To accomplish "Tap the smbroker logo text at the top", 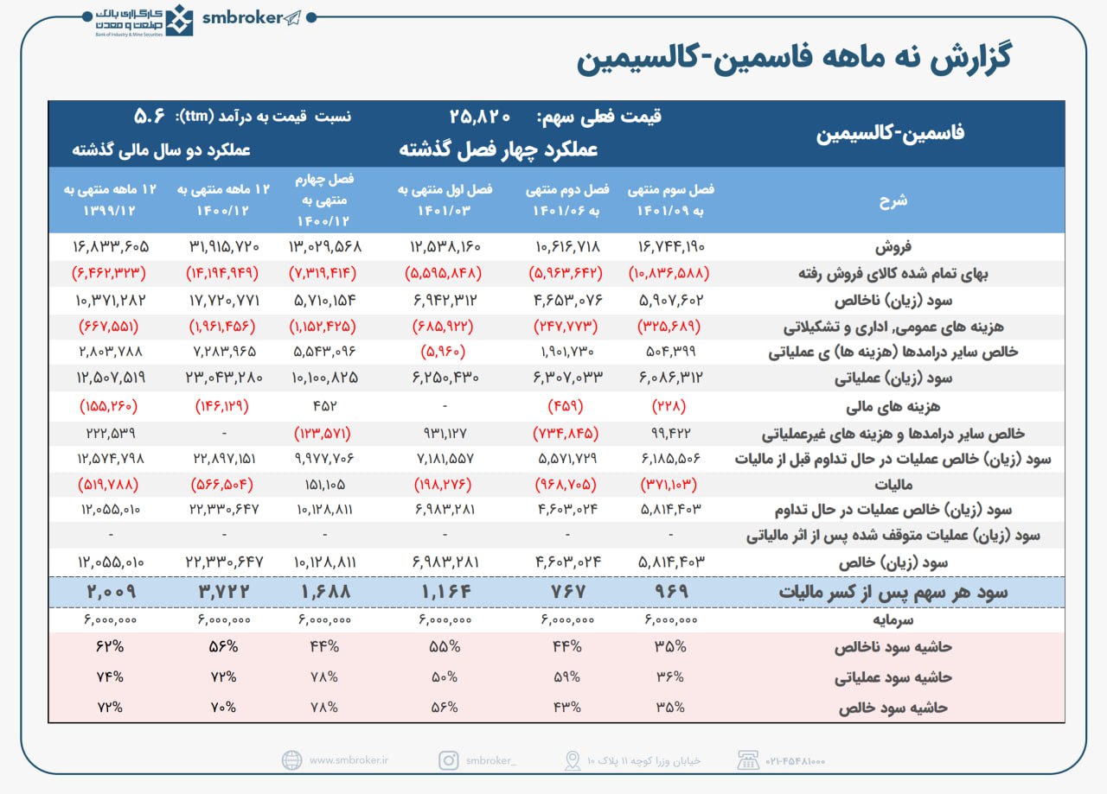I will [x=241, y=18].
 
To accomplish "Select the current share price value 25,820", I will [x=481, y=116].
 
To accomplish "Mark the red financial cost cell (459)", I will [x=566, y=405].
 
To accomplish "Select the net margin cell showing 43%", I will [x=566, y=707].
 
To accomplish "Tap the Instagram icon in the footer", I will [x=448, y=760].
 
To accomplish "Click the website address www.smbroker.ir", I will [x=349, y=760].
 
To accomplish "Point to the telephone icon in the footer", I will [x=746, y=760].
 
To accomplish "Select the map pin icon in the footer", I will [x=572, y=760].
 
